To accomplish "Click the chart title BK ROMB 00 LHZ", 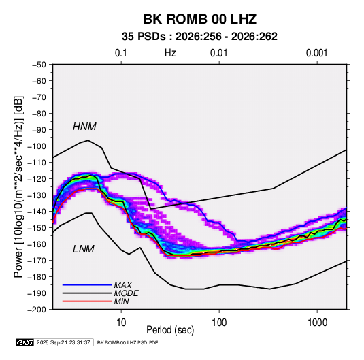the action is pos(200,19).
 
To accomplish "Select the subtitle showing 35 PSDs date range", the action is pos(199,37).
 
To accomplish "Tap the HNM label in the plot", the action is pos(84,127).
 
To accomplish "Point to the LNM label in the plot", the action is pos(84,249).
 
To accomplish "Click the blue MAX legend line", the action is pos(87,284).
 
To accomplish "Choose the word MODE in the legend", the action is pos(127,293).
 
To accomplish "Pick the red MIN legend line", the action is pos(87,301).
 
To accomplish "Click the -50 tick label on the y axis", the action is pos(39,65).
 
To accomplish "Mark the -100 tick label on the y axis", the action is pos(37,146).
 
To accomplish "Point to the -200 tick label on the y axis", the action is pos(37,310).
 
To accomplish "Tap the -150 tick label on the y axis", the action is pos(37,228).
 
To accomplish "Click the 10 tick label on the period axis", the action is pos(121,323).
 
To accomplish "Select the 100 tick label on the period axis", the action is pos(219,323).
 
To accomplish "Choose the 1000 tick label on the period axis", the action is pos(317,323).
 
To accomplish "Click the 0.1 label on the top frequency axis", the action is pos(121,53).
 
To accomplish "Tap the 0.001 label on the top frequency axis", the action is pos(317,53).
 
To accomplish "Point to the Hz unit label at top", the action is pos(170,53).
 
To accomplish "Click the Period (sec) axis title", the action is pos(170,330).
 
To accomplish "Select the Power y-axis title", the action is pos(18,187).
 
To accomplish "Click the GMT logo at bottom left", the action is pos(24,342).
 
